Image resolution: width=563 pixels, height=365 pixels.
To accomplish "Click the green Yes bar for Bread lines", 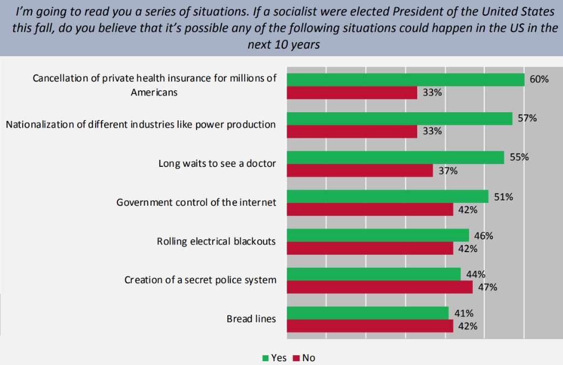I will click(x=367, y=313).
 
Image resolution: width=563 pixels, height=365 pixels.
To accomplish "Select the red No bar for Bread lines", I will click(x=369, y=326).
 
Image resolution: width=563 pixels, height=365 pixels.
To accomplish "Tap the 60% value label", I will click(x=539, y=79).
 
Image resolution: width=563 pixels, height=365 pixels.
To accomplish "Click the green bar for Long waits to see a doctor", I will click(x=395, y=158).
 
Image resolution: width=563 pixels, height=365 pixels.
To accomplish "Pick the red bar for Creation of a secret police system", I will click(x=379, y=287).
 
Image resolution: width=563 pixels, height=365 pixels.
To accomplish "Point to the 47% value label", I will click(x=487, y=287).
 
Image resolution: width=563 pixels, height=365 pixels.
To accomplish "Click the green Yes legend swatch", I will click(x=265, y=357).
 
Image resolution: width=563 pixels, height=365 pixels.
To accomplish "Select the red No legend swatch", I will click(x=296, y=357).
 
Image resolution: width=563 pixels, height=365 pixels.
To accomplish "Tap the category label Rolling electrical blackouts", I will click(x=216, y=241).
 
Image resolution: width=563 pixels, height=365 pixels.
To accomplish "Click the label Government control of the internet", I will click(x=196, y=202).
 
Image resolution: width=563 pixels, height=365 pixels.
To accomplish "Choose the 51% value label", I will click(x=503, y=197).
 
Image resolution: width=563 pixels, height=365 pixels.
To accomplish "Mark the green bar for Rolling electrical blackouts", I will click(x=377, y=235).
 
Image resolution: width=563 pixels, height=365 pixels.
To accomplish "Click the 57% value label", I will click(x=527, y=118).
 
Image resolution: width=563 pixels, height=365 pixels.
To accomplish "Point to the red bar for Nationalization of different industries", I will click(x=351, y=132).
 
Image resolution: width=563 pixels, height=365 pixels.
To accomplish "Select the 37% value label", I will click(x=448, y=171).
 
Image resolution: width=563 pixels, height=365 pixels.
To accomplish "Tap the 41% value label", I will click(x=464, y=313).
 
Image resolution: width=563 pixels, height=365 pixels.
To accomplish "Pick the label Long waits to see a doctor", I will click(x=217, y=164).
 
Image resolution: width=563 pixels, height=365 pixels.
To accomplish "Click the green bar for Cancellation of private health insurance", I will click(x=405, y=80).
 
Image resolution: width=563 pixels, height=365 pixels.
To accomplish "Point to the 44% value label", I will click(x=476, y=274).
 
